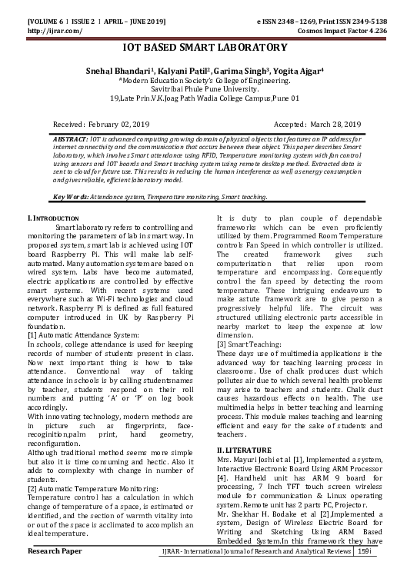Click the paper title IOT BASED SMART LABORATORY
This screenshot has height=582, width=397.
tap(198, 47)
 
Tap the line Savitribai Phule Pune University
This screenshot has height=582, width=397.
tap(198, 88)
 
